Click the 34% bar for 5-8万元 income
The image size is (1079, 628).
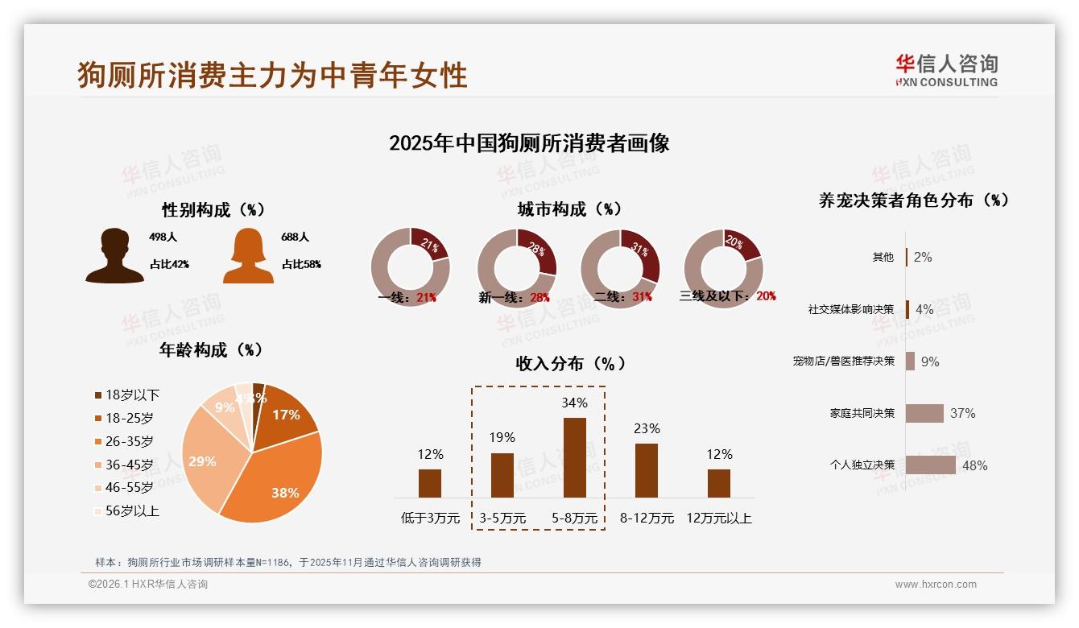click(x=574, y=457)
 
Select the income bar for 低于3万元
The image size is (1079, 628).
click(x=430, y=483)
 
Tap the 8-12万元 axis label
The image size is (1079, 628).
click(x=647, y=519)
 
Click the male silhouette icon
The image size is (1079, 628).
click(x=115, y=256)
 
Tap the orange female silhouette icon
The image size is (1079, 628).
click(x=248, y=256)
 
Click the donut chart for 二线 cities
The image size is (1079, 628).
click(x=620, y=268)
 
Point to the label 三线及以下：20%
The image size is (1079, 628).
click(x=727, y=296)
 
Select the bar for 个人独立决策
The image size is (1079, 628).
click(x=930, y=465)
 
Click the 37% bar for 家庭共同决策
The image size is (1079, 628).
click(x=924, y=413)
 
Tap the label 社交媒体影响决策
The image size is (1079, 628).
click(x=850, y=309)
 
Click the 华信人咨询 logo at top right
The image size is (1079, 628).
click(x=946, y=70)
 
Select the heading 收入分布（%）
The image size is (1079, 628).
click(x=571, y=363)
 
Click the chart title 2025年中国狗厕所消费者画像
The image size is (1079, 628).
click(x=529, y=143)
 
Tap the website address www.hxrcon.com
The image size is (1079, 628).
click(x=936, y=585)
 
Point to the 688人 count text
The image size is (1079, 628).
click(x=295, y=238)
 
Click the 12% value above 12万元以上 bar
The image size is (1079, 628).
click(x=719, y=454)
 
